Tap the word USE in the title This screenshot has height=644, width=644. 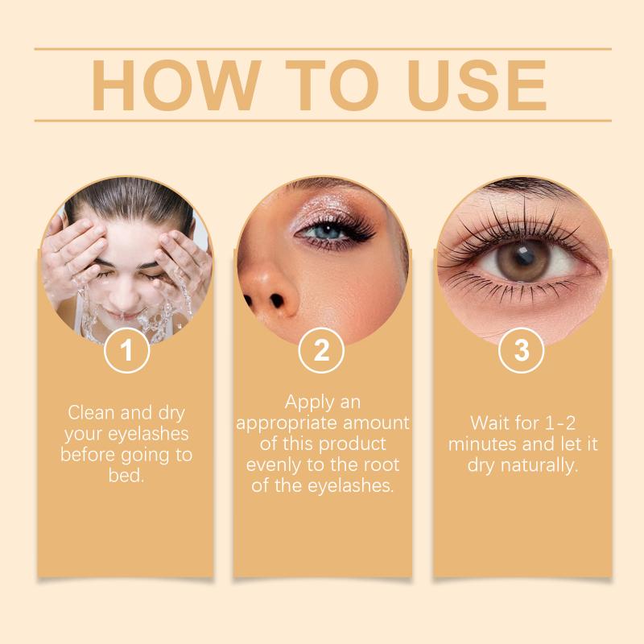tap(477, 85)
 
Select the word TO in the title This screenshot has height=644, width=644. tap(332, 85)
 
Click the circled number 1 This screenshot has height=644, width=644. tap(126, 350)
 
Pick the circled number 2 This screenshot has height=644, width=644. tap(321, 350)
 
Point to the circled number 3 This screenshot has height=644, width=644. tap(522, 350)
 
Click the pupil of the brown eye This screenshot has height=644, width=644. tap(524, 255)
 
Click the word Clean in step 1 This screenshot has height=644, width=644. tap(92, 412)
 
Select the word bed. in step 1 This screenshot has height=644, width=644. tap(126, 476)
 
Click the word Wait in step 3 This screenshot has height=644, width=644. tap(488, 423)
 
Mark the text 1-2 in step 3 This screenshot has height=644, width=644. tap(559, 423)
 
